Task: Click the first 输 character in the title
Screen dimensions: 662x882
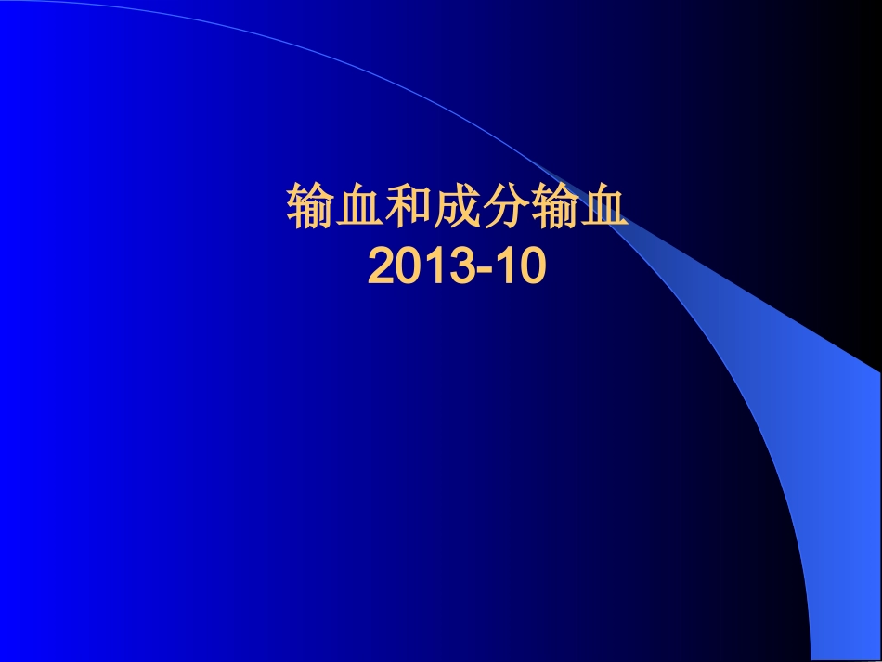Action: coord(311,209)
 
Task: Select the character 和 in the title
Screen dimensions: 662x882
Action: coord(409,209)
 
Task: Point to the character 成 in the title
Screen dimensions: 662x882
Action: coord(458,209)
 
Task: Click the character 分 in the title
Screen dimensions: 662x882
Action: coord(507,209)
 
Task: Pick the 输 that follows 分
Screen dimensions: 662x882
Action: coord(555,209)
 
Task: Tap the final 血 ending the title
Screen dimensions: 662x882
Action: coord(604,209)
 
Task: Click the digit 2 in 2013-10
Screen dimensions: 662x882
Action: coord(382,268)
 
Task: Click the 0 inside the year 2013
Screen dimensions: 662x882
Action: coord(409,268)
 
